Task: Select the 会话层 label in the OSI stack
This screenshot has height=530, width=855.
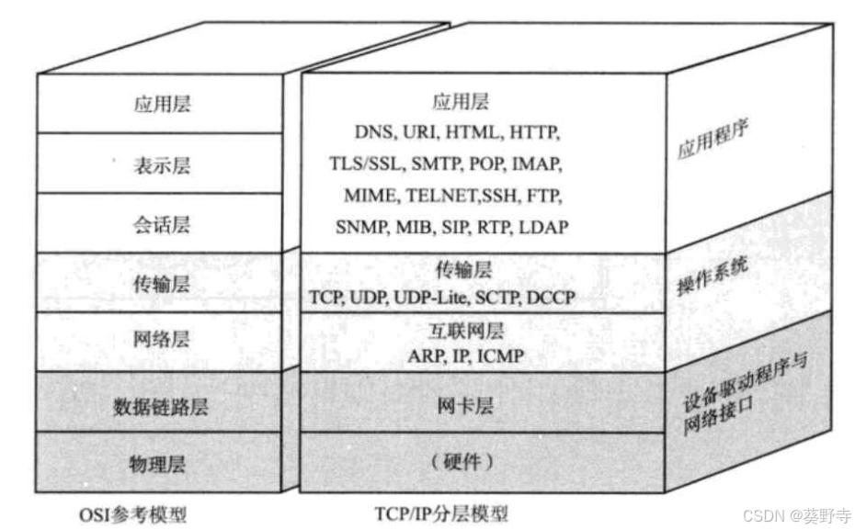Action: [161, 223]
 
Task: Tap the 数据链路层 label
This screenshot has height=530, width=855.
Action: [161, 405]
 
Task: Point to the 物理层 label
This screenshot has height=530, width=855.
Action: [161, 464]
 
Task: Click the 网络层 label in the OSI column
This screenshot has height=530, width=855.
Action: [161, 340]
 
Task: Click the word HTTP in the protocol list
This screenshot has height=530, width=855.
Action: [533, 131]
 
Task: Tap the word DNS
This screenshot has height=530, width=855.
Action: [373, 131]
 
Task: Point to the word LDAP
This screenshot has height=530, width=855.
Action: [544, 226]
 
